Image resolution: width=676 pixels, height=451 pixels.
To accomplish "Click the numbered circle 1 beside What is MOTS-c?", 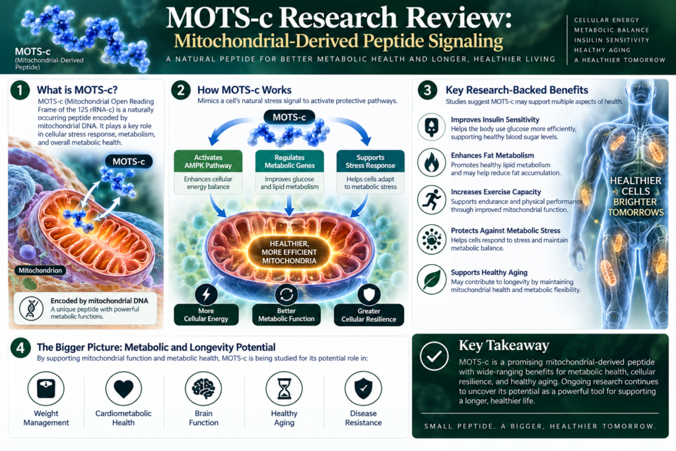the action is pos(20,90).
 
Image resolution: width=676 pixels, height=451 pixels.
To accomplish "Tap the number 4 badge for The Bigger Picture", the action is pos(20,347).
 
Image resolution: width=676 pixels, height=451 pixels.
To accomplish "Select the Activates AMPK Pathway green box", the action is pos(208,161).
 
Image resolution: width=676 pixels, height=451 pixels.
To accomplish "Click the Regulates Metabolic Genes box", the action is pos(289,161).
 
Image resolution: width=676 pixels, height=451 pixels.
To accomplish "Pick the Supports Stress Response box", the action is pos(370,161).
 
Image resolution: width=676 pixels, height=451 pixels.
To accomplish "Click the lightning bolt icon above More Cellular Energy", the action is pos(206,294).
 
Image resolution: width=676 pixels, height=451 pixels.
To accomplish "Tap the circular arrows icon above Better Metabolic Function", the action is pos(287,294).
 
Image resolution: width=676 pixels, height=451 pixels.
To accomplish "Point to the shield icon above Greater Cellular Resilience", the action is pos(369,294).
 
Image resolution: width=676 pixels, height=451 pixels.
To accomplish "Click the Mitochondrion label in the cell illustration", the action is pos(40,270).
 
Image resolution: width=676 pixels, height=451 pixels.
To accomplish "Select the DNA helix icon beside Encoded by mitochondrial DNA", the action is pos(31,308).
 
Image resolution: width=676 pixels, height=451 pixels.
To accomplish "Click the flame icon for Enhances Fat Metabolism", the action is pos(432,162).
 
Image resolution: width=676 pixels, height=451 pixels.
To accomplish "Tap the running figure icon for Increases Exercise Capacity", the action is pos(432,200).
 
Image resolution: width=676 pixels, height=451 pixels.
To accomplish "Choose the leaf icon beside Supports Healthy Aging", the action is pos(432,279).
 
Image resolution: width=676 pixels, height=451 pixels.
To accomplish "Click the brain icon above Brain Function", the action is pos(203,388).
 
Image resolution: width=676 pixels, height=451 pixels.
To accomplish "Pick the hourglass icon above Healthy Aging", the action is pos(284,388).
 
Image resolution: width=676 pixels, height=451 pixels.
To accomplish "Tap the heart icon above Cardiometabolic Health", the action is pos(123,388).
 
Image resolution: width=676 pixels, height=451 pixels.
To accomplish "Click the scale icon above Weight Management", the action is pos(46,388).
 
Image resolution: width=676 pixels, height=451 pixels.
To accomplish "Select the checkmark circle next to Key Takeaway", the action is pos(434,356).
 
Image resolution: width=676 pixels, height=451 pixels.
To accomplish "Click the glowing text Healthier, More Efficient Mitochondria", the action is pos(289,252).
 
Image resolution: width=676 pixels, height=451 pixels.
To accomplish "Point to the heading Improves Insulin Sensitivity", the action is pos(495,120).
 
